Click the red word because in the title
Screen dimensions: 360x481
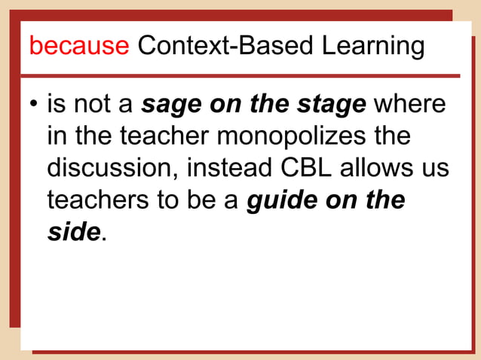[x=79, y=46]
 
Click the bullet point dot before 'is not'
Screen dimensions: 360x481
[x=34, y=105]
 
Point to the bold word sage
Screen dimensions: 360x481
[x=170, y=105]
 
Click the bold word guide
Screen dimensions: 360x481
[x=282, y=200]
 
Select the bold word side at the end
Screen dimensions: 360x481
[x=73, y=232]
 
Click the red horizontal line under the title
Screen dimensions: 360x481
[x=240, y=75]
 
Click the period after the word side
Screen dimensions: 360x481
[x=103, y=238]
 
